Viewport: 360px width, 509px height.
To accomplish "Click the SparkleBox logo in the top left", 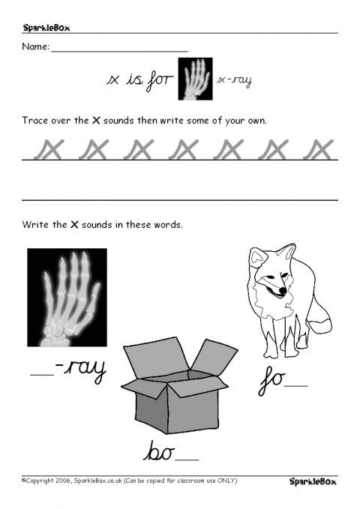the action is (x=46, y=28).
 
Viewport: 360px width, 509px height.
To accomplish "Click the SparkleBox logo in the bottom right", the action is (x=313, y=481).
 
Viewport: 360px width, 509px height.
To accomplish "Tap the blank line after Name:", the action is (x=119, y=51).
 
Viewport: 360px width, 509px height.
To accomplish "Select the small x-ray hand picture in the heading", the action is (x=195, y=79).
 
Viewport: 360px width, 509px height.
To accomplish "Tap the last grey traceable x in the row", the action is (x=319, y=149).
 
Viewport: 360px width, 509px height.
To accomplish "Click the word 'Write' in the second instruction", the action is (x=34, y=225).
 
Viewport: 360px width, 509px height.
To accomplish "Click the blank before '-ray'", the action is (x=42, y=375).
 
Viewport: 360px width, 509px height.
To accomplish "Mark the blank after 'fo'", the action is (x=296, y=386).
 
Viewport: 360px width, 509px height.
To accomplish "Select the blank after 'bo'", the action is (x=187, y=460).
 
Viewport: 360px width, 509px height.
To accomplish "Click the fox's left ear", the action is (x=258, y=257).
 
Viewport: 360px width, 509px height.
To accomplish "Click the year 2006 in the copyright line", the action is (x=63, y=481).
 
